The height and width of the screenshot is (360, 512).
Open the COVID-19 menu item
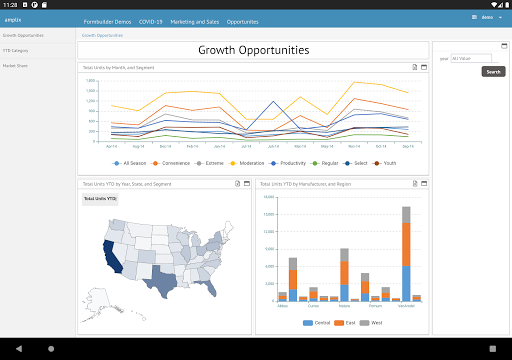pyautogui.click(x=152, y=20)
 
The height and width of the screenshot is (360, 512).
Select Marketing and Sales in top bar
pyautogui.click(x=196, y=20)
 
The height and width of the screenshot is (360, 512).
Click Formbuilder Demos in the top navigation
pyautogui.click(x=106, y=20)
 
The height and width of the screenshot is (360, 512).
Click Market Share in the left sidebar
pyautogui.click(x=15, y=63)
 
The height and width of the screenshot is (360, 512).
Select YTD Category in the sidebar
pyautogui.click(x=15, y=49)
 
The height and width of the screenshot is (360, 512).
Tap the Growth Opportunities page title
pyautogui.click(x=253, y=50)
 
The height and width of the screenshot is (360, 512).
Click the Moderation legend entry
pyautogui.click(x=257, y=162)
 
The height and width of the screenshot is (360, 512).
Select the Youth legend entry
pyautogui.click(x=386, y=162)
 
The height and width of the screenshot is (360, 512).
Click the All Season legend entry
pyautogui.click(x=131, y=162)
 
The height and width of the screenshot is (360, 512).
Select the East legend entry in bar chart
pyautogui.click(x=343, y=322)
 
